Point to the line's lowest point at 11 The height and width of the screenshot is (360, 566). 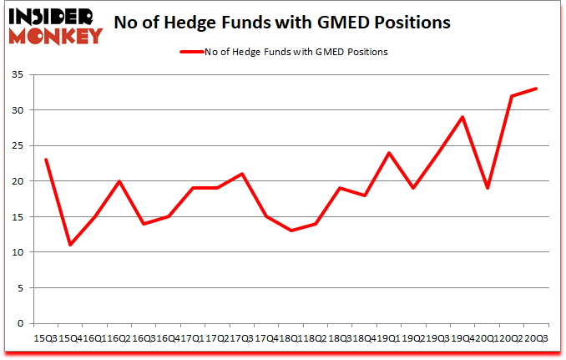pos(70,245)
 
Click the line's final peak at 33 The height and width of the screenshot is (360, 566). pos(536,89)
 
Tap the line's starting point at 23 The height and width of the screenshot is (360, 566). pos(46,160)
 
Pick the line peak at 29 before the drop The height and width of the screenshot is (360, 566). pos(462,117)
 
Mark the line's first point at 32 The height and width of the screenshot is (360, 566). pos(512,96)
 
